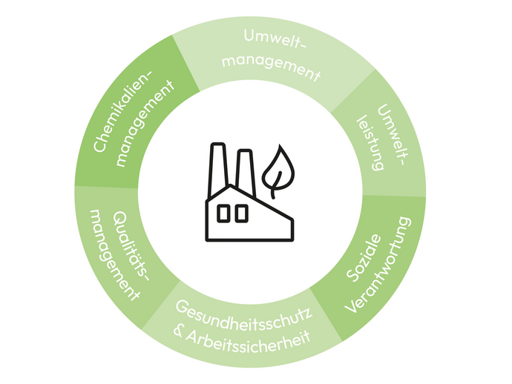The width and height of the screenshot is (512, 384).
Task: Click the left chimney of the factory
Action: click(x=217, y=168)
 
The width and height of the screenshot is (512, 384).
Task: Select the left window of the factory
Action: click(x=223, y=213)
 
